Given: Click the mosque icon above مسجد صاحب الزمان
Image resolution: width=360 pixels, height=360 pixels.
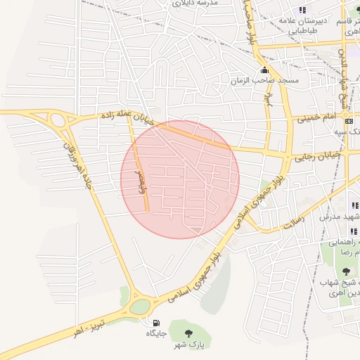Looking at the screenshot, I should tap(264, 70).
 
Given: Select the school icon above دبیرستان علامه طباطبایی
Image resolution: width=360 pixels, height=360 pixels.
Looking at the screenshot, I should tap(302, 10).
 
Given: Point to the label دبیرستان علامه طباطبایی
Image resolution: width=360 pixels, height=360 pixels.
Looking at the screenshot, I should tap(304, 25).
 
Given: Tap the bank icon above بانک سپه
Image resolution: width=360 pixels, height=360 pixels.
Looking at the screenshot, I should tap(351, 122).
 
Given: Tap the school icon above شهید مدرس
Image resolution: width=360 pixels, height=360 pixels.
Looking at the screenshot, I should tap(354, 206).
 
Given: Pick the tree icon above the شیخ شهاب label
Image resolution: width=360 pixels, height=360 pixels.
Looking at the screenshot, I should tap(345, 271).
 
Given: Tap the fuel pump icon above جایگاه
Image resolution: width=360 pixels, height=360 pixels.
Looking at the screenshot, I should tap(155, 323).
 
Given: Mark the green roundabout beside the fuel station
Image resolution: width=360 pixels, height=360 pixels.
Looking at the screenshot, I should tap(140, 307).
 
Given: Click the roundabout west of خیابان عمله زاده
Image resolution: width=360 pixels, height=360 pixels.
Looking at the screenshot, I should tap(58, 120).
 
